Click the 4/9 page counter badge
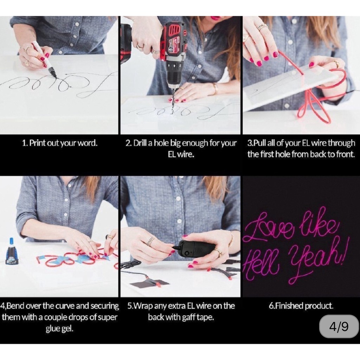339,326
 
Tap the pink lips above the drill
216,17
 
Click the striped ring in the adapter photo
150,241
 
